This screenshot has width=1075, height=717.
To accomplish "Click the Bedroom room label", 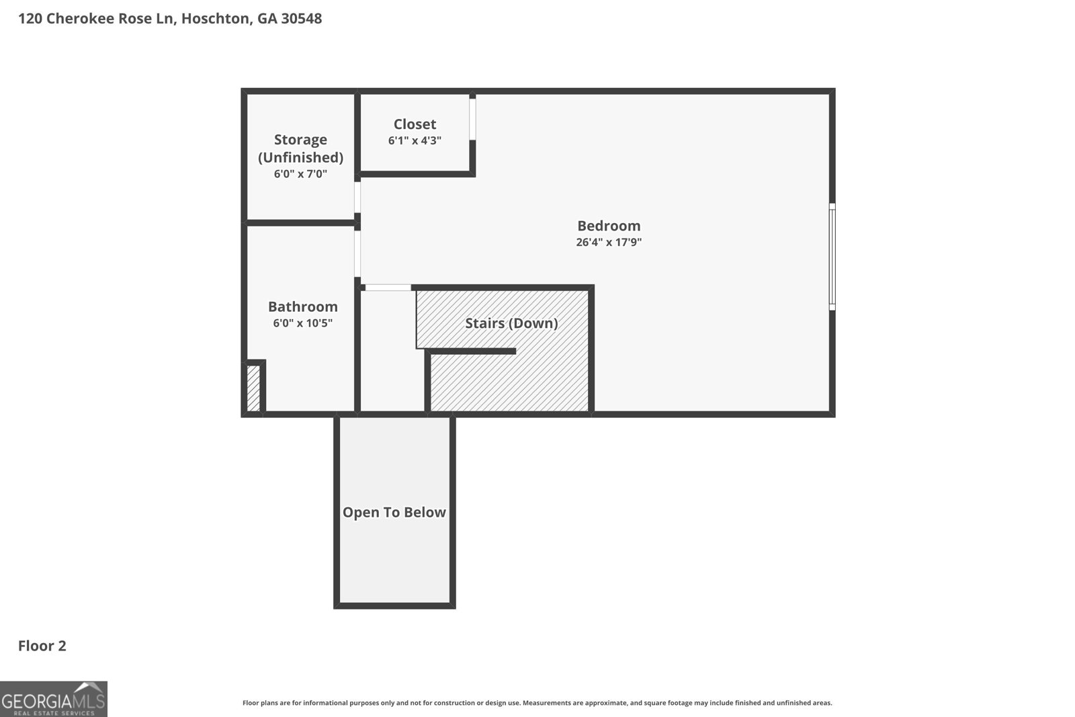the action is tap(609, 226).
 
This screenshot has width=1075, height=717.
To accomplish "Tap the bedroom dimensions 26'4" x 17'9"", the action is tap(609, 242).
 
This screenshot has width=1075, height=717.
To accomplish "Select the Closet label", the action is tap(415, 124).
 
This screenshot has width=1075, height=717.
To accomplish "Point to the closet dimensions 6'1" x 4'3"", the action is tap(415, 140).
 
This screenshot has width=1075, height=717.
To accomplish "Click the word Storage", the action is tap(300, 140).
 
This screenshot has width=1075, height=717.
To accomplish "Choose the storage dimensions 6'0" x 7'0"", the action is tap(300, 174).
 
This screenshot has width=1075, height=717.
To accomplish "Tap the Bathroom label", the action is tap(303, 306).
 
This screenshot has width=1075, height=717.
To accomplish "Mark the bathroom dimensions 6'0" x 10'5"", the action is tap(303, 323).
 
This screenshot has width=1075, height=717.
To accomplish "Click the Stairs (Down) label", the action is tap(511, 323).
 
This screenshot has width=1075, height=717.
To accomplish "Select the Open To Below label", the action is tap(394, 512).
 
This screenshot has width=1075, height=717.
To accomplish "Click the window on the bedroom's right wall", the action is tap(832, 257).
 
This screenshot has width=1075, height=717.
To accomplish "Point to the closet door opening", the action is tap(472, 119).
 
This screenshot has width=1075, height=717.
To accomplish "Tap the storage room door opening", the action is tap(357, 198).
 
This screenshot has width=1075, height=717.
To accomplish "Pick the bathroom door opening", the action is tap(357, 253).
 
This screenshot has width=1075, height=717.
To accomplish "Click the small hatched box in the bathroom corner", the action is tap(253, 388).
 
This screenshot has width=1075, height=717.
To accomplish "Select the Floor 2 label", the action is tap(42, 646).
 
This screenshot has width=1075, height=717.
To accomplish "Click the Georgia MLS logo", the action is tap(53, 699).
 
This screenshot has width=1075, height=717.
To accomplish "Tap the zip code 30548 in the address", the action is tap(302, 19).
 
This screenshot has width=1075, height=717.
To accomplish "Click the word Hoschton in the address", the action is tap(216, 19).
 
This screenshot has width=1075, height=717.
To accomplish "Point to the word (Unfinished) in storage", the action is tap(300, 157).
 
